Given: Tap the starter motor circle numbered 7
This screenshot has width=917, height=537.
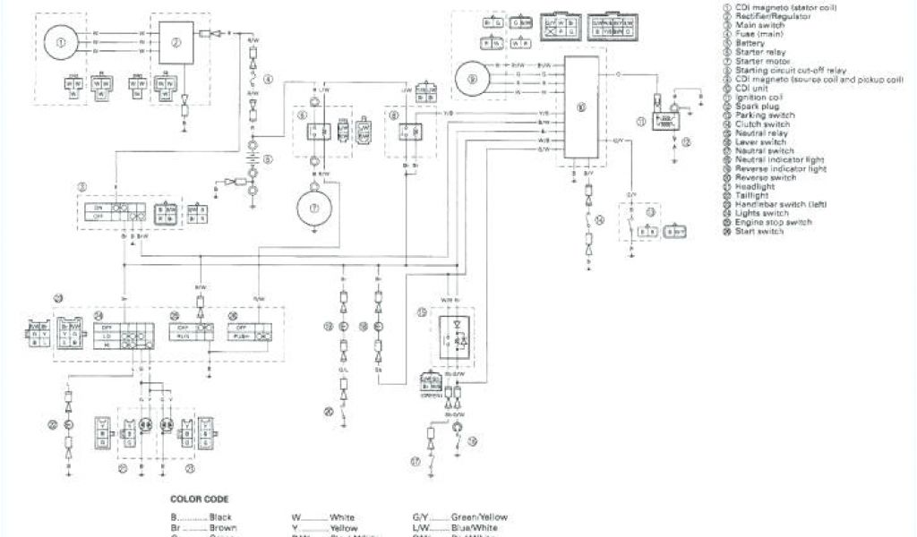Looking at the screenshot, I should click(x=314, y=206).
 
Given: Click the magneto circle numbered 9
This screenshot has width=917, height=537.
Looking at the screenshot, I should click(x=472, y=78).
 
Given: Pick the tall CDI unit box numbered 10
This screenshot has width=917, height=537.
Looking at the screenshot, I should click(x=580, y=107).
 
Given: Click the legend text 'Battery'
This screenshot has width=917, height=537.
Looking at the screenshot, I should click(x=750, y=42).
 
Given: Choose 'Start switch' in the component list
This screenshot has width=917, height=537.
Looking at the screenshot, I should click(x=759, y=232).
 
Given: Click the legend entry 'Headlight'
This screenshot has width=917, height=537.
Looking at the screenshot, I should click(x=754, y=186).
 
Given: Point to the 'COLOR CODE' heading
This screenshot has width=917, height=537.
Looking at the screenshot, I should click(x=199, y=499).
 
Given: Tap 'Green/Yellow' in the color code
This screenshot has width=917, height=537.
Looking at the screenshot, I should click(x=460, y=517).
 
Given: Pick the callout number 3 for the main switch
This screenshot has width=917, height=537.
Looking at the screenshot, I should click(x=81, y=186).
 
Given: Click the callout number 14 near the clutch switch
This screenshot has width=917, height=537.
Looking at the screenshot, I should click(x=599, y=219).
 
